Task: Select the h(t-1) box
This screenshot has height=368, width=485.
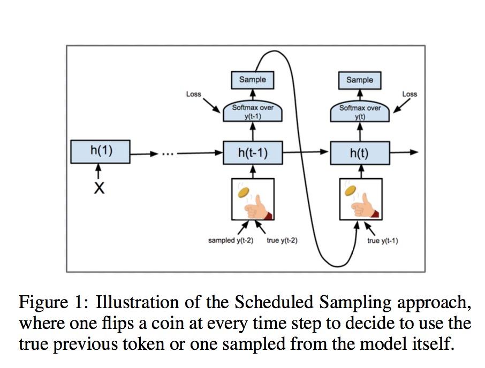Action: pyautogui.click(x=253, y=153)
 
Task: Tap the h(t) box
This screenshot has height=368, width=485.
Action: pyautogui.click(x=359, y=153)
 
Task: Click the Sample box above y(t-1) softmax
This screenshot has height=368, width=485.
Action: pyautogui.click(x=252, y=80)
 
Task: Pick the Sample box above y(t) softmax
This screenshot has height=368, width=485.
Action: pyautogui.click(x=359, y=80)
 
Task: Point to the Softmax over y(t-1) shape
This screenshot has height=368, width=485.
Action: pyautogui.click(x=253, y=111)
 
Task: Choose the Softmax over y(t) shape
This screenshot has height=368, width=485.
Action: pyautogui.click(x=360, y=111)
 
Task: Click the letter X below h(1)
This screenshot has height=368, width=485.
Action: pyautogui.click(x=99, y=188)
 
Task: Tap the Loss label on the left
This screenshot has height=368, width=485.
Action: pyautogui.click(x=193, y=94)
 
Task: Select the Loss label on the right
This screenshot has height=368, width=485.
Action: pyautogui.click(x=410, y=94)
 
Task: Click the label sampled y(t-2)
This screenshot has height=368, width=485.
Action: pyautogui.click(x=230, y=241)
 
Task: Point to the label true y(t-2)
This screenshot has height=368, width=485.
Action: pyautogui.click(x=282, y=241)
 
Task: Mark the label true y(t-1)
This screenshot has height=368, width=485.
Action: pyautogui.click(x=382, y=241)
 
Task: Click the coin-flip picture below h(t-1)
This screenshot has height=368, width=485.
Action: pyautogui.click(x=253, y=200)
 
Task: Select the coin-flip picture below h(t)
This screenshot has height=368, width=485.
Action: pyautogui.click(x=360, y=200)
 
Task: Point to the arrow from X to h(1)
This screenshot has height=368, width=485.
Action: pyautogui.click(x=99, y=172)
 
